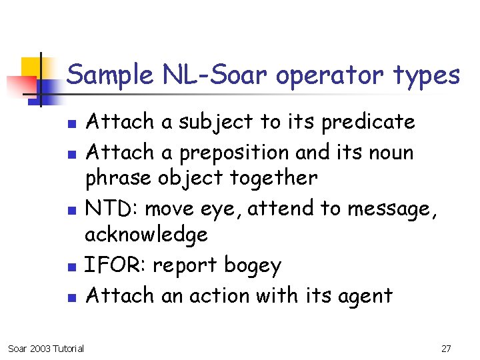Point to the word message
[390, 209]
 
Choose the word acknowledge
[146, 235]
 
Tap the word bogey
[252, 265]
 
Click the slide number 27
[446, 348]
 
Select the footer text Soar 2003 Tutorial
[45, 348]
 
